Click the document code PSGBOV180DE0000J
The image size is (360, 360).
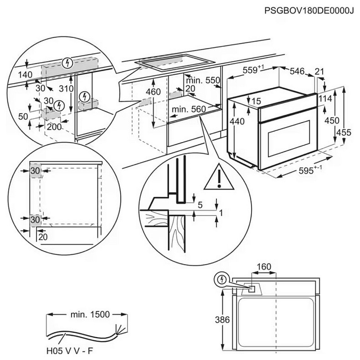(309, 10)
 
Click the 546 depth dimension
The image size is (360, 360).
(297, 71)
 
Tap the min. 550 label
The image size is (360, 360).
(203, 80)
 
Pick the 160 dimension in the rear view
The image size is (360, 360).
(264, 267)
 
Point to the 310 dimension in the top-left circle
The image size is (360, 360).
(66, 89)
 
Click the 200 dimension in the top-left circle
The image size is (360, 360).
(54, 127)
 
